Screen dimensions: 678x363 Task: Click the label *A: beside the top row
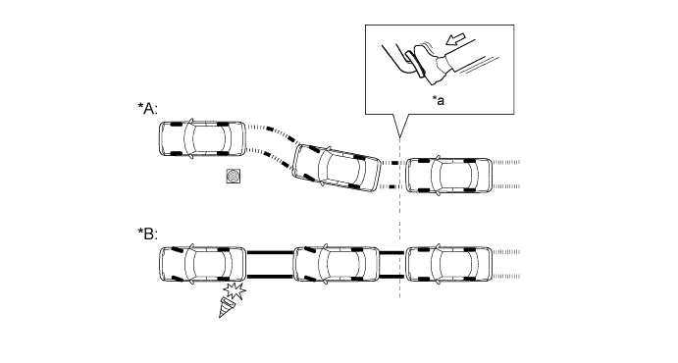coord(149,108)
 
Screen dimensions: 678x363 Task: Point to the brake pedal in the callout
coord(413,63)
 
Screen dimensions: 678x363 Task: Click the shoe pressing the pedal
coord(430,63)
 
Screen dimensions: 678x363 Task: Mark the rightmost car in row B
coord(449,264)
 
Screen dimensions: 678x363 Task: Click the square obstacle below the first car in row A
coord(235,177)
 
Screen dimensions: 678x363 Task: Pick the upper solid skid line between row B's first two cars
coord(270,253)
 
